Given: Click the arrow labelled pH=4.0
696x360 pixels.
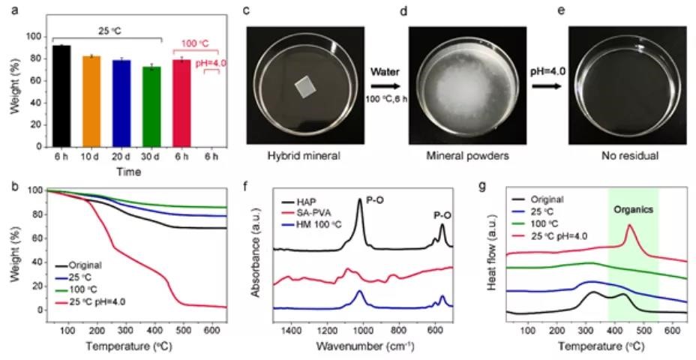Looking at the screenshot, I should pyautogui.click(x=547, y=84).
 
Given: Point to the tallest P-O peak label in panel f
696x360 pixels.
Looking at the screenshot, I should pyautogui.click(x=369, y=190).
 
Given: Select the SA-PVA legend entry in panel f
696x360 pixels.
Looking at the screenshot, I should pyautogui.click(x=307, y=217).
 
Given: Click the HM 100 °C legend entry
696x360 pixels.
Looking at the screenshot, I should pyautogui.click(x=312, y=228).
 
